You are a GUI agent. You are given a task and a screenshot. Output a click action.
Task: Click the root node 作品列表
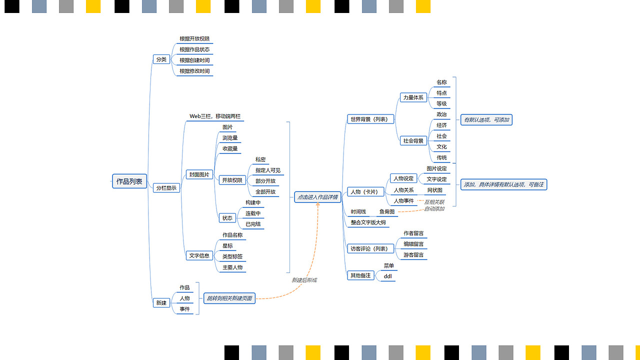point(129,181)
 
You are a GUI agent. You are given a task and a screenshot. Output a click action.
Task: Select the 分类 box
point(161,59)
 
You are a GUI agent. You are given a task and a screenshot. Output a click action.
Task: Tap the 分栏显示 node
point(166,188)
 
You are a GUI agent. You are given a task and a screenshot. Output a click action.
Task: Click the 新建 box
point(161,302)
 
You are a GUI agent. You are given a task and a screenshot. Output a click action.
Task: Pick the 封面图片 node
point(199,175)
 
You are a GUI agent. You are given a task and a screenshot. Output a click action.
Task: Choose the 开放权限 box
point(232,180)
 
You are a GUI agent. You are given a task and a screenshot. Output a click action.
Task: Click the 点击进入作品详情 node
point(317,197)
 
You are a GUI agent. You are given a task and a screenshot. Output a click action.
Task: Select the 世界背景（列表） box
point(371,119)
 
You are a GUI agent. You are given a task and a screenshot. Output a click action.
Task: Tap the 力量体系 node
point(413,97)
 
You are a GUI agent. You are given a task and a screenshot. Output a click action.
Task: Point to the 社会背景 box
point(413,141)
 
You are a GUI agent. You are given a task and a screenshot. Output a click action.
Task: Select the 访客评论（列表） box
point(370,248)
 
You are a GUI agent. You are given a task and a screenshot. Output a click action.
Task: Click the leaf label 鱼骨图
point(387,212)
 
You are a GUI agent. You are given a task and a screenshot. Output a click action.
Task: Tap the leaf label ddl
point(387,276)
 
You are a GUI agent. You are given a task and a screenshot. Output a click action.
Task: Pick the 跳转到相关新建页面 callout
point(229,298)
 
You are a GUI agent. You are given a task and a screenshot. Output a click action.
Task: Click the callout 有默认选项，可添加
point(486,120)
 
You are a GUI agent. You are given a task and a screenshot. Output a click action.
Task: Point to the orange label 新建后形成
point(304,280)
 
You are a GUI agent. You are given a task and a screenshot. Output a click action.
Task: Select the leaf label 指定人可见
point(268,170)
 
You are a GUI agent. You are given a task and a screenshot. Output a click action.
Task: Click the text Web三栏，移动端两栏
point(215,116)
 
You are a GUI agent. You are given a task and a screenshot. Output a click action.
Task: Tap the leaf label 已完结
point(253,224)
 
